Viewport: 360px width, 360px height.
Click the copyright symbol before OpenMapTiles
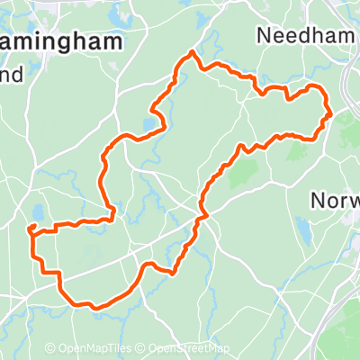click(51, 348)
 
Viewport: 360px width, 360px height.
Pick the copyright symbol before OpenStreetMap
click(143, 348)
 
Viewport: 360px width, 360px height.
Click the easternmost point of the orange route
click(331, 112)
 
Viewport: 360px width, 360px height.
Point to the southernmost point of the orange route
click(93, 308)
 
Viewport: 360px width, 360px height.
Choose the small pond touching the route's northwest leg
click(147, 123)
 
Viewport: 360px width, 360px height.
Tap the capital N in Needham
click(263, 35)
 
